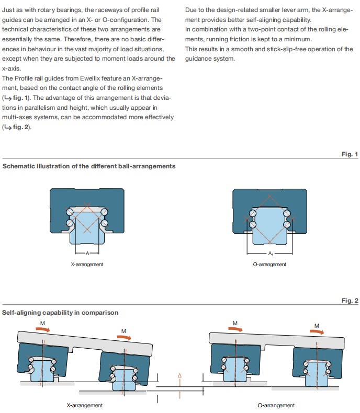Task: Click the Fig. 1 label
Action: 350,154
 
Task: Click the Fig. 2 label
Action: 350,301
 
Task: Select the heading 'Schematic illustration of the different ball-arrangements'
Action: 89,166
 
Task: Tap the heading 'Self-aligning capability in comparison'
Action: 60,313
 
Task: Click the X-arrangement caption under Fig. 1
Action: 87,265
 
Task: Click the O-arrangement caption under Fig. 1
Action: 269,265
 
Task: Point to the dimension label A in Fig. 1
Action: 87,254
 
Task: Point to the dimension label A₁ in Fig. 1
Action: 270,254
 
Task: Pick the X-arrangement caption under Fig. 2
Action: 85,405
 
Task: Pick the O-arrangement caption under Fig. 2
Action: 276,405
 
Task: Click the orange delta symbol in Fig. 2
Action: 179,375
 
